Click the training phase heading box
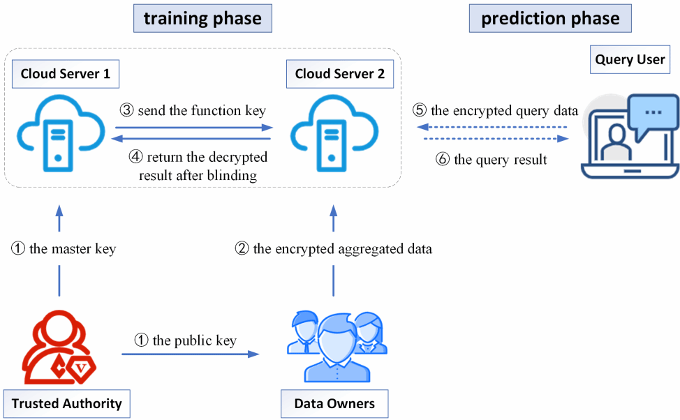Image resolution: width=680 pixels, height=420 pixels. point(202,19)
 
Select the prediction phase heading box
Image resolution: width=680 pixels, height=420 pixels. point(550,19)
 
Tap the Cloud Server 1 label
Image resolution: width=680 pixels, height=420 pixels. point(65,74)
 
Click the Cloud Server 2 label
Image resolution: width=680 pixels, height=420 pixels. point(339,74)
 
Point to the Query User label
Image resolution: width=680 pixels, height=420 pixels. point(630,59)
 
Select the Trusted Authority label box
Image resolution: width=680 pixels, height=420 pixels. point(66,403)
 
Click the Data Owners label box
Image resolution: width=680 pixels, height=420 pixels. point(334,403)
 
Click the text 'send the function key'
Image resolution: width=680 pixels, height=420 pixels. point(202,110)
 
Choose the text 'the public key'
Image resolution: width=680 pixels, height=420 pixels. point(194,340)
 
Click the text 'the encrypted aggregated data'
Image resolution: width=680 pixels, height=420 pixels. point(342,248)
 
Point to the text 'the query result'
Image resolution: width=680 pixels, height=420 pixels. point(500,160)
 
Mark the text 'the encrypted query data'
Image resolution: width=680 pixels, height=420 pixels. point(504,110)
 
